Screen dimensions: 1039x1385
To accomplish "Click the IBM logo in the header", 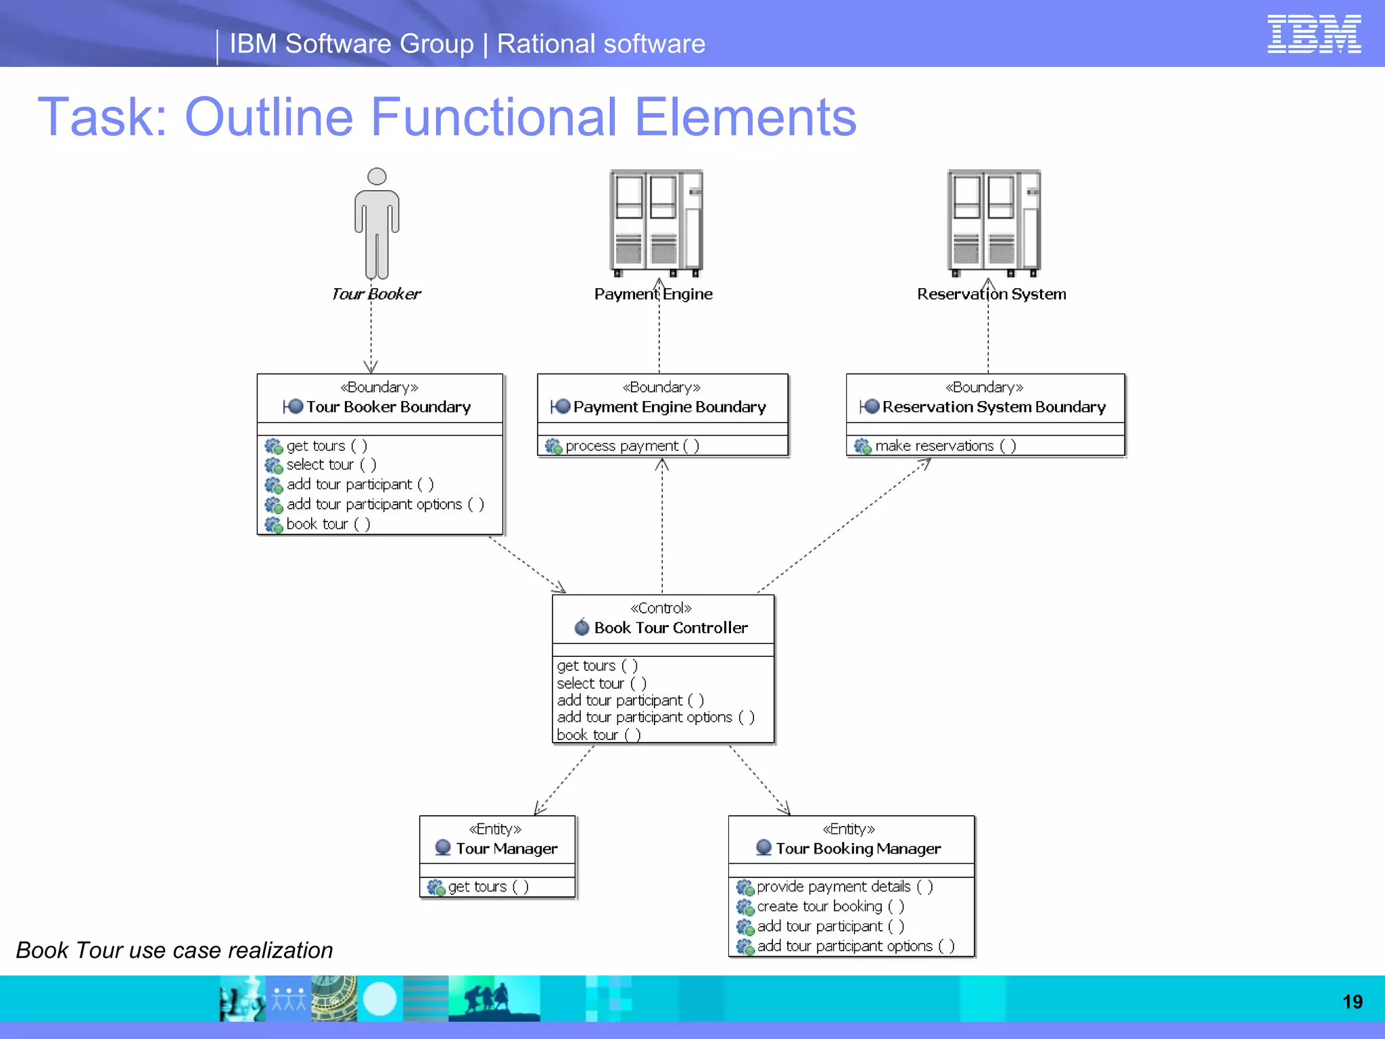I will pyautogui.click(x=1313, y=34).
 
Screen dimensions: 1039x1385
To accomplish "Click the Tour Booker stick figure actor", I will pyautogui.click(x=377, y=223).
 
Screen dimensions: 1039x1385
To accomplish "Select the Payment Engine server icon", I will pyautogui.click(x=656, y=222).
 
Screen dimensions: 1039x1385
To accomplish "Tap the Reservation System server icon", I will pyautogui.click(x=993, y=222).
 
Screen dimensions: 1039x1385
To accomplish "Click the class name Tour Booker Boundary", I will pyautogui.click(x=388, y=407).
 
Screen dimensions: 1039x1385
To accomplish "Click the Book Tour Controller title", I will pyautogui.click(x=670, y=628).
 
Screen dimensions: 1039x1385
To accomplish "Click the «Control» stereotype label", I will pyautogui.click(x=661, y=608).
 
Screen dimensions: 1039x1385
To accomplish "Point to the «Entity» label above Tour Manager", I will pyautogui.click(x=495, y=829).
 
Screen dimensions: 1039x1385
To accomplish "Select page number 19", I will pyautogui.click(x=1352, y=1002).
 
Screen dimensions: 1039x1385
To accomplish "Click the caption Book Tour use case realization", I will pyautogui.click(x=174, y=950).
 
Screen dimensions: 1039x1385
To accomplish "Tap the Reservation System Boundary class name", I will pyautogui.click(x=993, y=407).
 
